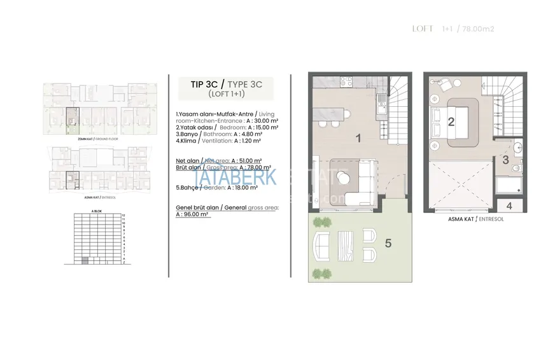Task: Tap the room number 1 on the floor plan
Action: pyautogui.click(x=358, y=138)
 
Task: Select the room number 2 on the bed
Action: pyautogui.click(x=451, y=122)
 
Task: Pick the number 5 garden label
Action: pyautogui.click(x=388, y=242)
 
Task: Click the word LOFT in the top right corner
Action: pyautogui.click(x=423, y=29)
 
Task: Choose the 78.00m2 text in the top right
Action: pyautogui.click(x=478, y=29)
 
